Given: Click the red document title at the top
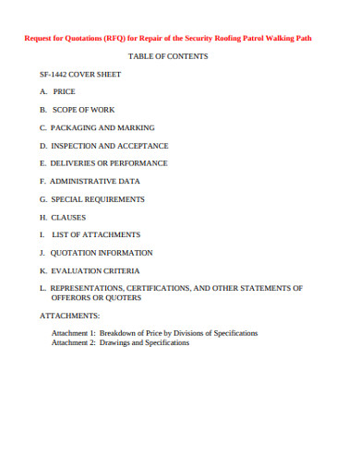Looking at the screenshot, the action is [x=179, y=39].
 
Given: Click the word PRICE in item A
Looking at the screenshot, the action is [x=65, y=92].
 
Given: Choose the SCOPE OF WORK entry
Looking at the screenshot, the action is [x=82, y=110].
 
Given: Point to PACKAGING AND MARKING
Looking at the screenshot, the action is [x=102, y=127].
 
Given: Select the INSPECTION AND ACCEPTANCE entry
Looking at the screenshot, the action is [x=110, y=146].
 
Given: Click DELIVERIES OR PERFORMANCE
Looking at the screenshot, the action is [x=109, y=163].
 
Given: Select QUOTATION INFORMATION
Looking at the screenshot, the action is [x=102, y=253].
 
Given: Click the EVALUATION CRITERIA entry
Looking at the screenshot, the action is [x=95, y=271].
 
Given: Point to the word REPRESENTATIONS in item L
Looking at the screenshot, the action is [x=87, y=289].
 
